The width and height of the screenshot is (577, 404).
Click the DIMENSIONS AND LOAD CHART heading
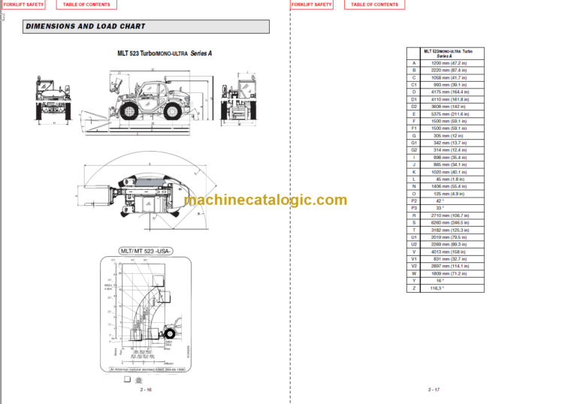tap(86, 27)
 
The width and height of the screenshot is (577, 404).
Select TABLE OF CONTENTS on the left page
tap(86, 5)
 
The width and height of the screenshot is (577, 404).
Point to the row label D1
tap(414, 99)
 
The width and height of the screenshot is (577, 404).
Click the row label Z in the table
tap(414, 288)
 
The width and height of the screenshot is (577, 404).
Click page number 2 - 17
tap(434, 390)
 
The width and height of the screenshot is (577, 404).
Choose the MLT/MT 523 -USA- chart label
tap(146, 251)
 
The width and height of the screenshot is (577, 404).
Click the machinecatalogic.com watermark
tap(265, 200)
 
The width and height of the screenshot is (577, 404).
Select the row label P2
tap(414, 200)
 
